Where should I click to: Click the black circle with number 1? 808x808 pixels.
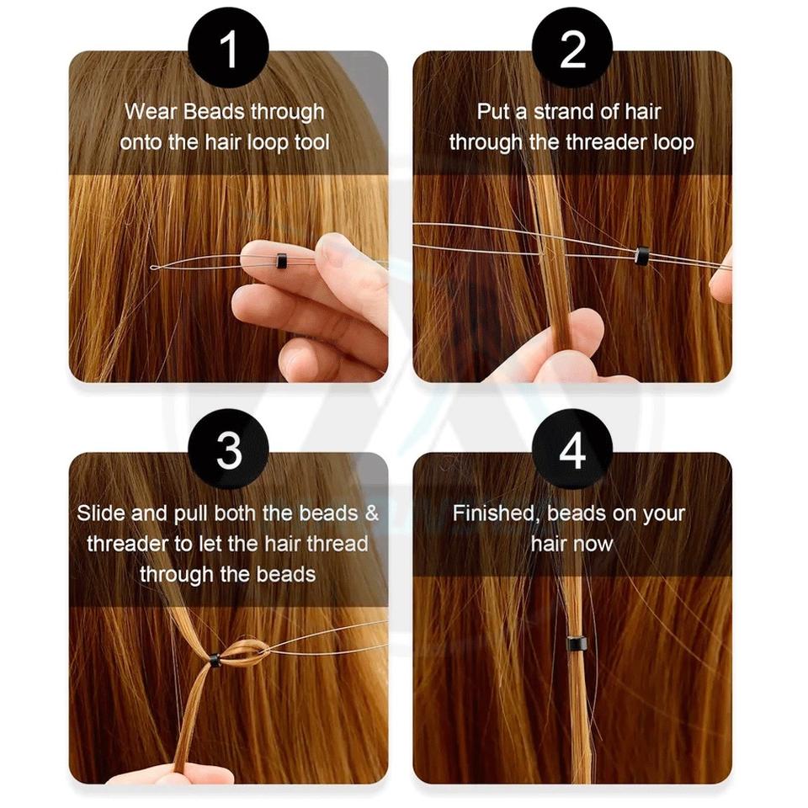tap(228, 48)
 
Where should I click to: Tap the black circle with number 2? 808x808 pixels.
tap(572, 48)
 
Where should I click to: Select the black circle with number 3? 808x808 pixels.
tap(228, 449)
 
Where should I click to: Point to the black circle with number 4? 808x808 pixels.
tap(572, 449)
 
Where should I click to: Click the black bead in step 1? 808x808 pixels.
tap(281, 261)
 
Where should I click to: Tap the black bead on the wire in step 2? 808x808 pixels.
tap(641, 256)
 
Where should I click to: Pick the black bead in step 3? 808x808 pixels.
tap(215, 660)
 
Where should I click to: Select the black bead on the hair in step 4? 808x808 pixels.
tap(577, 644)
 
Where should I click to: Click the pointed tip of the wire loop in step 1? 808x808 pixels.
tap(151, 268)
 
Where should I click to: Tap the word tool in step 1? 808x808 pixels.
tap(311, 141)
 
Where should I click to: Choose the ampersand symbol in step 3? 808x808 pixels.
tap(371, 513)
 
